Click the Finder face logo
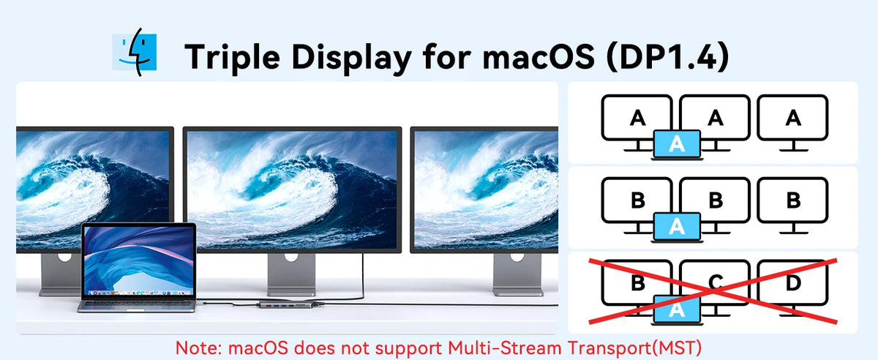(135, 52)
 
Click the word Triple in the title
(232, 58)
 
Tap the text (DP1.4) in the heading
(667, 57)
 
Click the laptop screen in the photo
(138, 260)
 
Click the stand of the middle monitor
(291, 274)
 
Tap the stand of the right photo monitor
(517, 274)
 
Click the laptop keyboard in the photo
(138, 304)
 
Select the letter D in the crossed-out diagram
(793, 282)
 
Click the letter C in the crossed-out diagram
(716, 282)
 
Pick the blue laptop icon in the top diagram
(677, 145)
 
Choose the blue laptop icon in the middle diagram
(677, 227)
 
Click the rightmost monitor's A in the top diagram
(793, 118)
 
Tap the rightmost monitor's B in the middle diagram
(793, 200)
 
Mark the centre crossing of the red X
(713, 291)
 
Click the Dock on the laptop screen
(138, 293)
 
